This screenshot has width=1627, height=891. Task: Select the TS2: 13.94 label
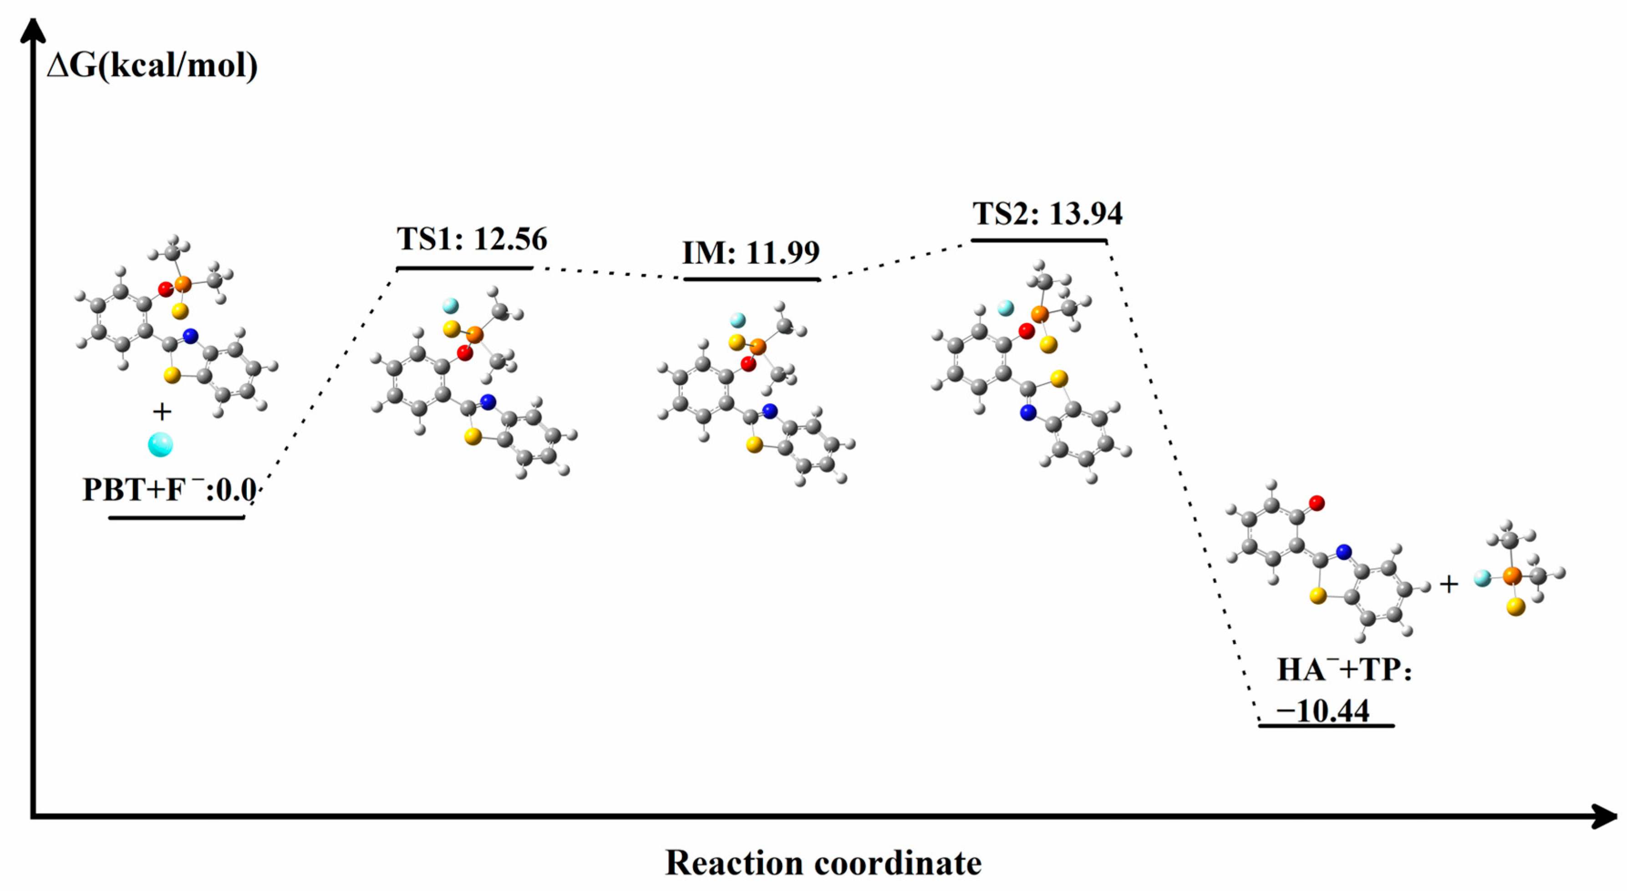tap(1047, 214)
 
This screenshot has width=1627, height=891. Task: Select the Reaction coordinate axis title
tap(823, 863)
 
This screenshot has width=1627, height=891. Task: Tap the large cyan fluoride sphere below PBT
tap(160, 445)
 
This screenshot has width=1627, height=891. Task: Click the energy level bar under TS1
tap(465, 269)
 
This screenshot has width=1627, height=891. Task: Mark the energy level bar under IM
tap(752, 279)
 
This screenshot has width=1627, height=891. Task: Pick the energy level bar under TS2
tap(1039, 241)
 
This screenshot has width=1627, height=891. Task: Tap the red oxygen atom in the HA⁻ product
tap(1317, 503)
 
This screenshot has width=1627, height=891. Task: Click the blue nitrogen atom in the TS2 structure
tap(1028, 413)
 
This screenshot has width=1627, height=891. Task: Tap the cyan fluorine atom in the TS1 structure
tap(450, 306)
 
